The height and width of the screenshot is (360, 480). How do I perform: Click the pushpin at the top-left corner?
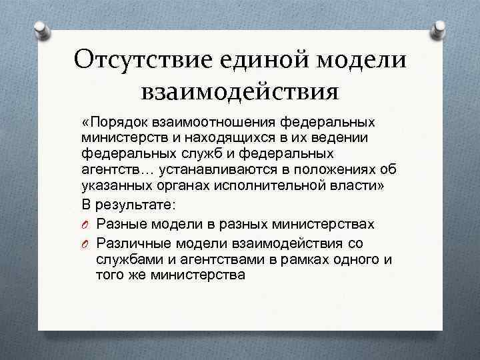point(40,28)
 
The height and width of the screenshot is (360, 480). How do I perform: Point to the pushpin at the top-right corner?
point(439,28)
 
